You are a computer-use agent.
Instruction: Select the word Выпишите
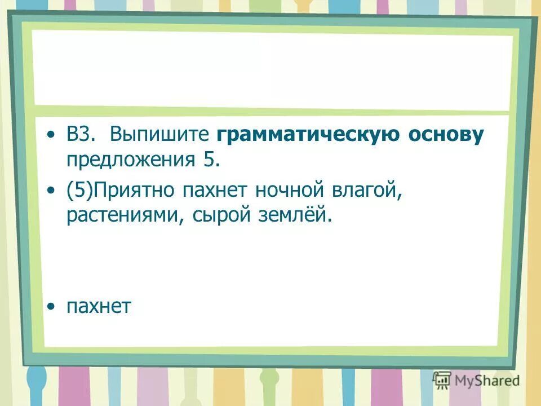[159, 136]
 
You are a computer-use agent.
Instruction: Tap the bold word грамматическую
[305, 136]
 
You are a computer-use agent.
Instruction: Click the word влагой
[369, 191]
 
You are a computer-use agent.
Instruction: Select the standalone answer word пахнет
[99, 307]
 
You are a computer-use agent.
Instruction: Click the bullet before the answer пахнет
[52, 307]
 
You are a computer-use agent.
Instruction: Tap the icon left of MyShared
[442, 379]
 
